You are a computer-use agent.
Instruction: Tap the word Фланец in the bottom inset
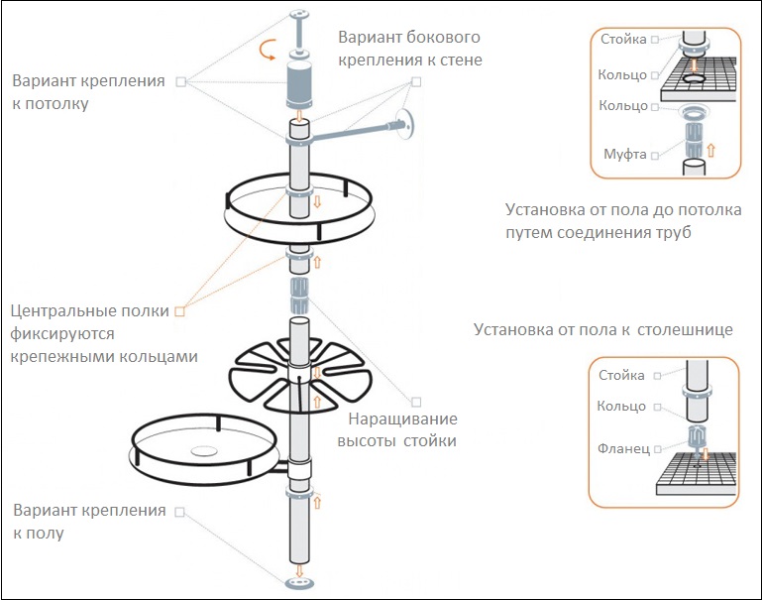(623, 448)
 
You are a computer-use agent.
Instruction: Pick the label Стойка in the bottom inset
(622, 376)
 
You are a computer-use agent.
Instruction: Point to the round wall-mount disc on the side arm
(404, 124)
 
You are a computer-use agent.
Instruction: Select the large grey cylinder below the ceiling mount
(298, 83)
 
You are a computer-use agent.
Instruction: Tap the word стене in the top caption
(460, 60)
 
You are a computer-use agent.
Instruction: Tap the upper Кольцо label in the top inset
(622, 74)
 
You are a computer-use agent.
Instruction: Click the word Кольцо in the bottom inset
(622, 407)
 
